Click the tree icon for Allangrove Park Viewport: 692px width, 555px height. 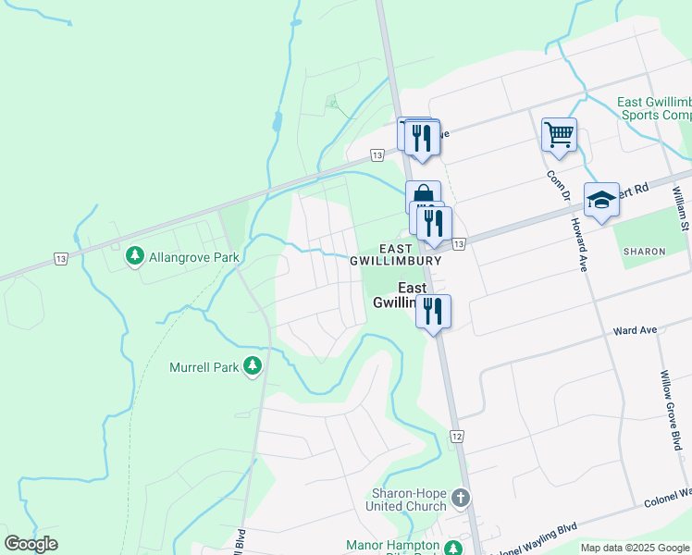134,253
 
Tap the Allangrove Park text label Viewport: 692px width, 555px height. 193,257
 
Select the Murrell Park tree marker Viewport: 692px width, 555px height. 252,366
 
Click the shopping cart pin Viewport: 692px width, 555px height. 559,135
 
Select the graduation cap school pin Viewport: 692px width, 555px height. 601,200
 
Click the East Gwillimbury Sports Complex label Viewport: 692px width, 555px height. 654,108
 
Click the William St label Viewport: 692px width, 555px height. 679,208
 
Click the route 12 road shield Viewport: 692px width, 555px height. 457,435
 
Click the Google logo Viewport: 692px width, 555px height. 31,544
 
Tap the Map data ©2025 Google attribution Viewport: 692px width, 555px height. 634,548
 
